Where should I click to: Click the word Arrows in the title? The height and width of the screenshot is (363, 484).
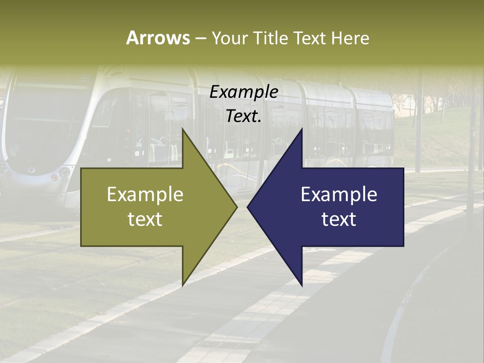[158, 38]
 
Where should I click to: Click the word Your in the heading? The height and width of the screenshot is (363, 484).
[230, 38]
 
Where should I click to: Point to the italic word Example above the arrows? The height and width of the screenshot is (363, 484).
[244, 92]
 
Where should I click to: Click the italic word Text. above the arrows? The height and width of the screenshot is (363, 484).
[244, 116]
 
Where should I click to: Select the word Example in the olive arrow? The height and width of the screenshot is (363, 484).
[145, 194]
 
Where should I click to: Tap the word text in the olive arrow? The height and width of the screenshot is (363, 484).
[145, 219]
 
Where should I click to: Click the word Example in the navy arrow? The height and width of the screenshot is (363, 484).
[339, 194]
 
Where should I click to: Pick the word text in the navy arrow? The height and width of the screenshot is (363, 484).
[339, 219]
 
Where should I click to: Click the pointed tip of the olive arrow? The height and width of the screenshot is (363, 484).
[237, 207]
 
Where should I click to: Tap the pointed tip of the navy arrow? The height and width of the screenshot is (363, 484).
[248, 207]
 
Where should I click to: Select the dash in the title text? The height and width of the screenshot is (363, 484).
[200, 38]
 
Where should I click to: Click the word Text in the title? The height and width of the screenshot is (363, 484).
[310, 38]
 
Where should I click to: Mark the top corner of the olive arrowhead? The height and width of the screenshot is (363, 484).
[183, 129]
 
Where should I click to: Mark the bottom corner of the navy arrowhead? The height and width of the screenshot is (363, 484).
[302, 286]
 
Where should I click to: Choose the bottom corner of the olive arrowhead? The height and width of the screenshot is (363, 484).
[183, 286]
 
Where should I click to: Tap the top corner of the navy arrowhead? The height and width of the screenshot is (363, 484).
[302, 129]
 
